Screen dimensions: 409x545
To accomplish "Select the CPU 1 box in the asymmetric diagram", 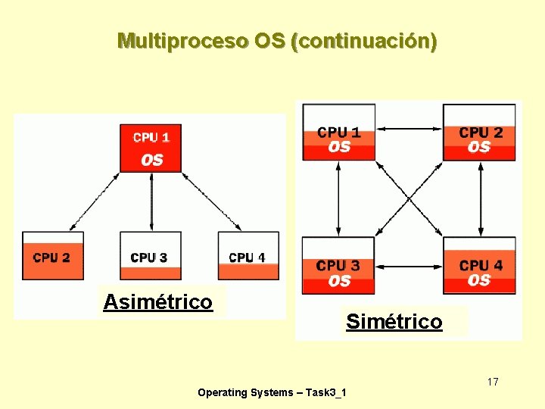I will pos(151,148).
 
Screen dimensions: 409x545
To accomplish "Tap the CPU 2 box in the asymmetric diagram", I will pos(52,256).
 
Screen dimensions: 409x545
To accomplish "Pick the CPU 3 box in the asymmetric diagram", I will pos(150,256).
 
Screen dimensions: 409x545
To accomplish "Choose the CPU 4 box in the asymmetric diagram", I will pos(248,256).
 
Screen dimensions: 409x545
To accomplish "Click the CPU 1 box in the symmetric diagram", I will pos(338,132).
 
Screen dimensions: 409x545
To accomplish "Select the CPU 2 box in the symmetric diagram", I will pos(479,132).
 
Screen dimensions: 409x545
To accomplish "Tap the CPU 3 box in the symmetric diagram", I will pos(338,265).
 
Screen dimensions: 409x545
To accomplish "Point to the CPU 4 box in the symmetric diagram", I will pos(479,265).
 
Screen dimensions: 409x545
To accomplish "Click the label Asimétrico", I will pos(157,302).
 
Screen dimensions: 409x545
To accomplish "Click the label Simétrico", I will pos(394,322).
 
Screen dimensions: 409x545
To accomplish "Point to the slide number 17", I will pos(493,382).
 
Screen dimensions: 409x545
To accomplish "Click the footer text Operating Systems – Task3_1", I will pos(272,392).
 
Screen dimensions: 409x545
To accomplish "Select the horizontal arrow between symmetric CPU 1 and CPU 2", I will pos(409,130).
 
